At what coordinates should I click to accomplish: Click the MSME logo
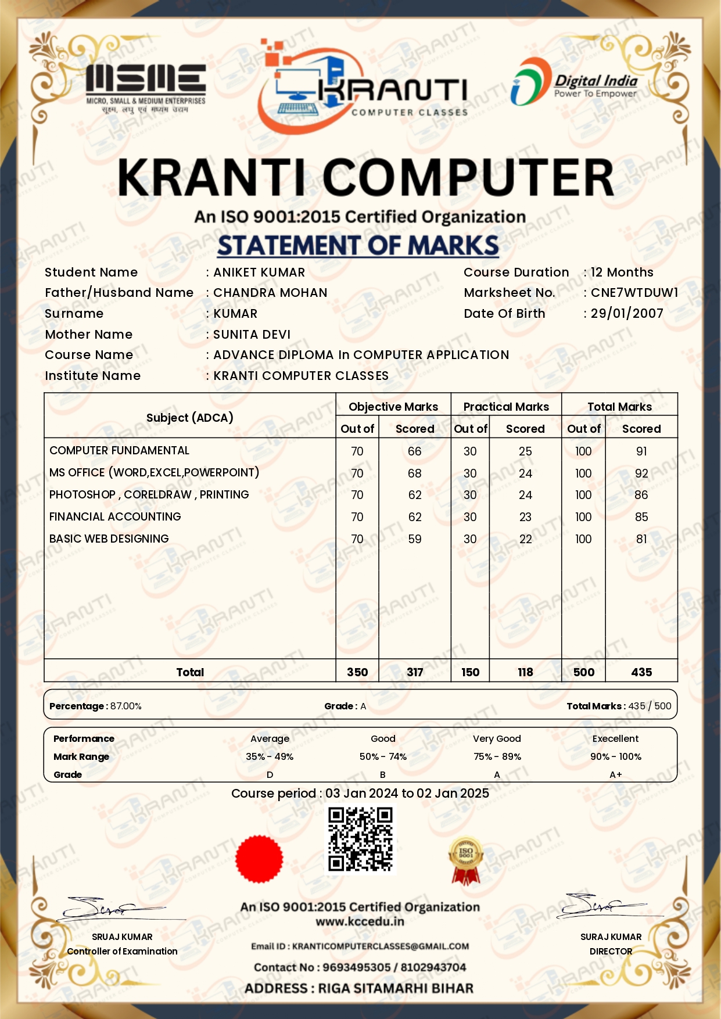[146, 87]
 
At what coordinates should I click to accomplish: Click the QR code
[360, 839]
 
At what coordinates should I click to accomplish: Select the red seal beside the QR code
[259, 859]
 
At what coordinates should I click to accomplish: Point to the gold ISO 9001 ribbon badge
[466, 860]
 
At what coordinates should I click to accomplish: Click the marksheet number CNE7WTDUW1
[634, 293]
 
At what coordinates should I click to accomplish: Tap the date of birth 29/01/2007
[627, 314]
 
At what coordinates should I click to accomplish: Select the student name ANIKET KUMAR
[259, 272]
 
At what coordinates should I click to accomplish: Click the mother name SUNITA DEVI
[252, 335]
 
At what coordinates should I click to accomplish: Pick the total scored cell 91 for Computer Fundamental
[641, 451]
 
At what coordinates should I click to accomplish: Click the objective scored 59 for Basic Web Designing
[415, 539]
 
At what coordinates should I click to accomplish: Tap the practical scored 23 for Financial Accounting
[525, 517]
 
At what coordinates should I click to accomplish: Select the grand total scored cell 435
[641, 672]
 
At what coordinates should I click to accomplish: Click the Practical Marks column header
[506, 407]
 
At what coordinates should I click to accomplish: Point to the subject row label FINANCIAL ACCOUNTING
[115, 516]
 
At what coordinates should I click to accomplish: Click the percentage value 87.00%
[126, 706]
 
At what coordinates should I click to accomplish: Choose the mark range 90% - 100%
[615, 756]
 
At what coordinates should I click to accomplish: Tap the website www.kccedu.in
[360, 921]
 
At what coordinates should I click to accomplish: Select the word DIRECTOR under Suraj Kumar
[611, 951]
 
